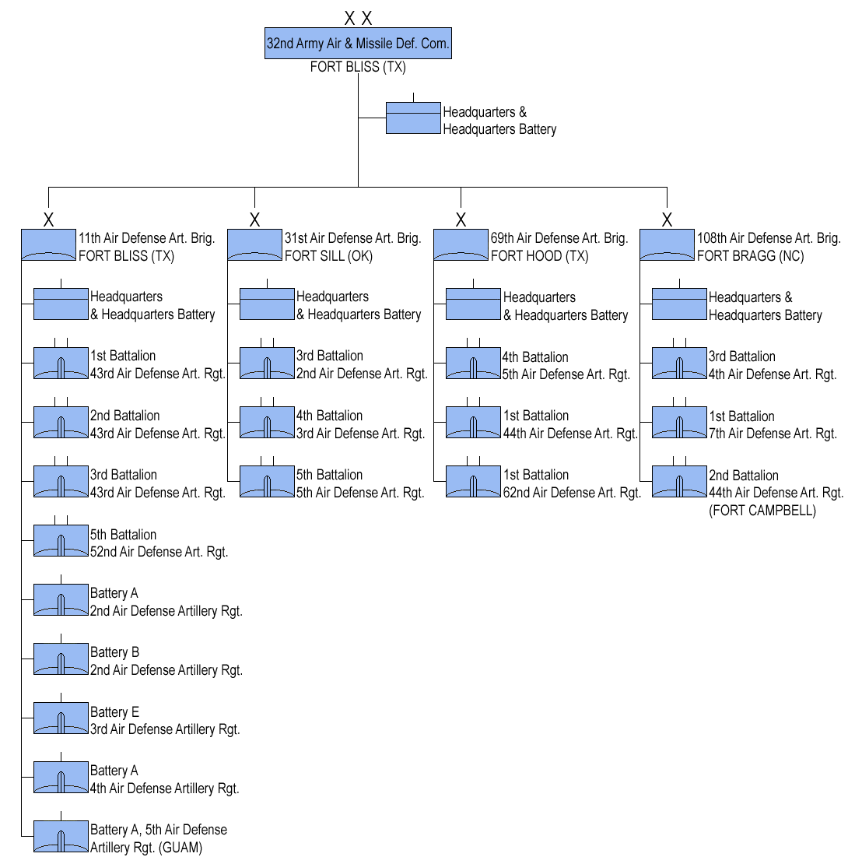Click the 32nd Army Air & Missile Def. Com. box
(x=358, y=44)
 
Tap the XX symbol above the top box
(x=359, y=18)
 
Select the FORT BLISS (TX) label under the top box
(x=358, y=67)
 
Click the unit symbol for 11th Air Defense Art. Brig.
(x=48, y=245)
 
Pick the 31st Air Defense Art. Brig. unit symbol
(x=254, y=245)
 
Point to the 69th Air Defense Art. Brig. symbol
(x=461, y=245)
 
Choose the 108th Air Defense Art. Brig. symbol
(x=667, y=245)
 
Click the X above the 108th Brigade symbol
(x=667, y=220)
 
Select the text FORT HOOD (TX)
(x=539, y=256)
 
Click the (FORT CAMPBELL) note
(x=762, y=511)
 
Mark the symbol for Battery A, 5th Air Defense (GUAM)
(x=61, y=838)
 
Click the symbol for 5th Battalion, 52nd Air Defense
(x=61, y=541)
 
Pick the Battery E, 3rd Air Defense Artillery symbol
(x=61, y=718)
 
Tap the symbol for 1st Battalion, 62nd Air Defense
(x=473, y=482)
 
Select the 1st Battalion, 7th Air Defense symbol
(x=679, y=423)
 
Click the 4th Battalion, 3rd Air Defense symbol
(x=267, y=423)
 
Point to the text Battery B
(x=114, y=652)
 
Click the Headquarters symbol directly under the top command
(x=413, y=118)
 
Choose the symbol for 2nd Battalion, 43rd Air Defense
(x=61, y=423)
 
